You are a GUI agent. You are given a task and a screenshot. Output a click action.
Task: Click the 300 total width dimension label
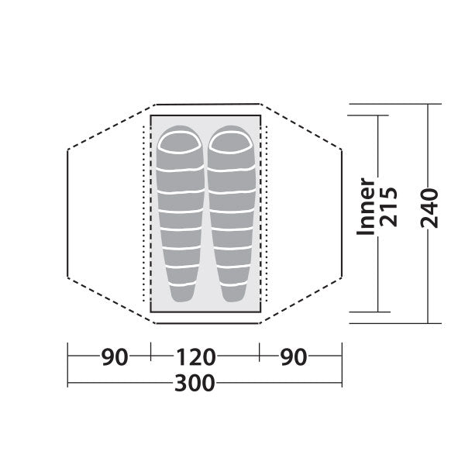point(195,383)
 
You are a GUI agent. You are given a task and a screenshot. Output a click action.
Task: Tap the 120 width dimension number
point(196,357)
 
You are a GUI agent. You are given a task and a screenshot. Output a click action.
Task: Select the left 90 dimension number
point(115,357)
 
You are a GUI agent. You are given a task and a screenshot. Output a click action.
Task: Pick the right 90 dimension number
point(294,357)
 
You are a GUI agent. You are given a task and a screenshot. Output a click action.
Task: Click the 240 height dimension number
point(429,208)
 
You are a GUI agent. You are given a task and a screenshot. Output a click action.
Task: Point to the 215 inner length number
point(388,207)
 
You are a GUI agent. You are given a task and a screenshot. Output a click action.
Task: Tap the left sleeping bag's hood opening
point(179,142)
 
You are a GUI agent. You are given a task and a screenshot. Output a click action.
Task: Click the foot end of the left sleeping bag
point(181,294)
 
